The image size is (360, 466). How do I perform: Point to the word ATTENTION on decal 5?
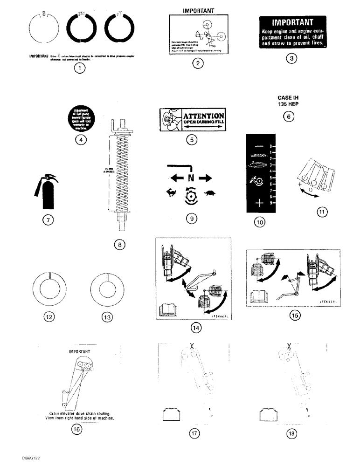pos(203,116)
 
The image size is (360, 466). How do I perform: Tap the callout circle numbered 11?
pos(321,212)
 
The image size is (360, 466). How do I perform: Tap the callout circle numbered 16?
pos(76,430)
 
